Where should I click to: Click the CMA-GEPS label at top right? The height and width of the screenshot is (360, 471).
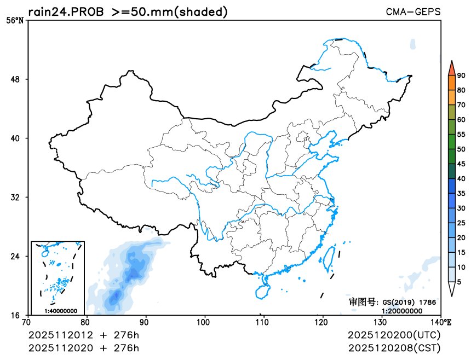point(413,11)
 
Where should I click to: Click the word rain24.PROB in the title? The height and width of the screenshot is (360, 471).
point(65,11)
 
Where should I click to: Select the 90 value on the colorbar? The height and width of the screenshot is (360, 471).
point(461,76)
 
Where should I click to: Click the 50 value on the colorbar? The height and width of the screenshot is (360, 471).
point(461,149)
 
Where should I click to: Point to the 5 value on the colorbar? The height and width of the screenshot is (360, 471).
point(459,281)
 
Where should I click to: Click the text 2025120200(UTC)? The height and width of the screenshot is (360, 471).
point(394,335)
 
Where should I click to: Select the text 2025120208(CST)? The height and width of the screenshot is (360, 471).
point(394,347)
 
